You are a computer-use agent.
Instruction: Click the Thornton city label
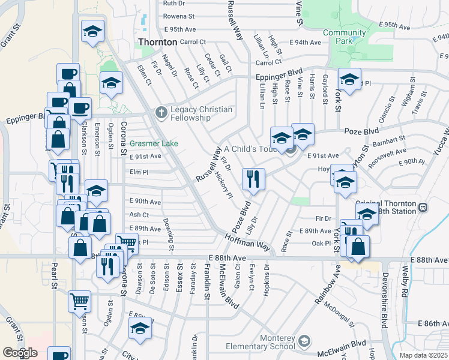coord(157,43)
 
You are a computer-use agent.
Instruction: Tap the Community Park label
coord(345,37)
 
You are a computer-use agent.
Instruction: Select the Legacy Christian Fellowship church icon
coord(160,112)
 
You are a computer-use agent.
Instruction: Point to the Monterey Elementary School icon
coord(304,341)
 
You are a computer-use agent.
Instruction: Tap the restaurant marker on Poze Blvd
coord(253,179)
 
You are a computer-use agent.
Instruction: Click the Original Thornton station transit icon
coord(423,207)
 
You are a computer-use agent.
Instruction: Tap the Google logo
coord(20,353)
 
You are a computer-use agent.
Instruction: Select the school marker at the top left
coord(92,31)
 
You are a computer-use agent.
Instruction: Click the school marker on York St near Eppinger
coord(349,79)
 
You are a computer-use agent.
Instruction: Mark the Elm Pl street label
coord(139,171)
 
